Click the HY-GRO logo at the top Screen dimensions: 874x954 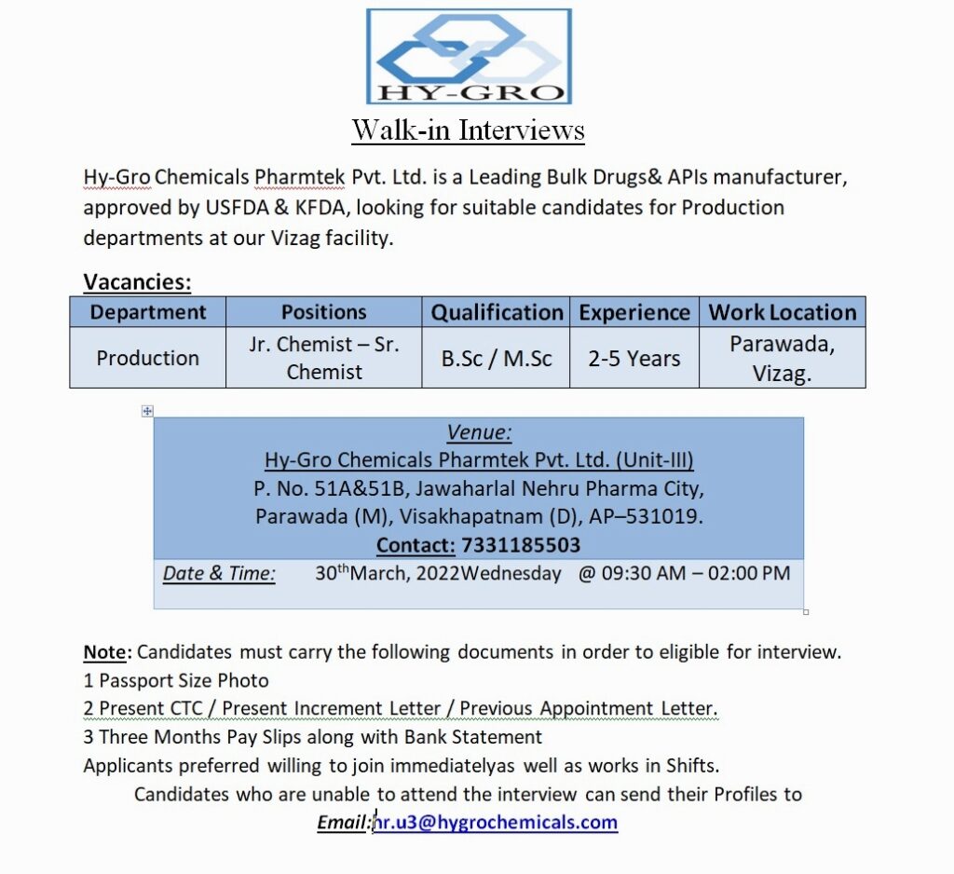coord(469,56)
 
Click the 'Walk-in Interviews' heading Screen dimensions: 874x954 coord(468,130)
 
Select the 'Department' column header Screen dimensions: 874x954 coord(148,312)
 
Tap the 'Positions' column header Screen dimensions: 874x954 coord(323,312)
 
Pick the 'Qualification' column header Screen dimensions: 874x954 coord(497,312)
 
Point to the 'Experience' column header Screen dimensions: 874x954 coord(634,312)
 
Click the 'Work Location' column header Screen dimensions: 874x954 coord(782,312)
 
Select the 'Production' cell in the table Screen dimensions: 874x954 coord(148,358)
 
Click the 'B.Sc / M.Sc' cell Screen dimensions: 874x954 coord(497,358)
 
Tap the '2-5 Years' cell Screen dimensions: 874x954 coord(634,358)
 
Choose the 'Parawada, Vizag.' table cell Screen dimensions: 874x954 coord(782,358)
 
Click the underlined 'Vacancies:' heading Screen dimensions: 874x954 coord(137,281)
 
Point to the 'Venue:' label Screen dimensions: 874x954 coord(479,432)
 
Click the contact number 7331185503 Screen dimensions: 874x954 coord(521,545)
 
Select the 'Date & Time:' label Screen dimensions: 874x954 coord(219,574)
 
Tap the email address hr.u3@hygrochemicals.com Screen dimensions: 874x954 coord(496,822)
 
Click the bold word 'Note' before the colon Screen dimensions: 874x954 coord(103,652)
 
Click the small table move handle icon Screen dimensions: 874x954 coord(147,411)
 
